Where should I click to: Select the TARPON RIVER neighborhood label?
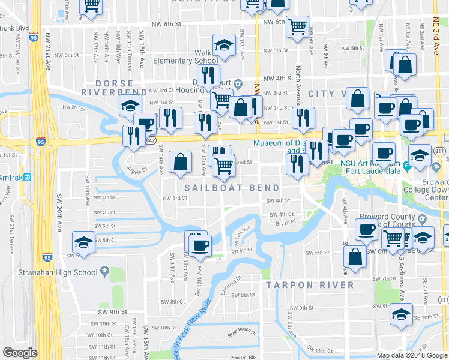pos(310,284)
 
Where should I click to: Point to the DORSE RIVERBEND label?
pos(114,86)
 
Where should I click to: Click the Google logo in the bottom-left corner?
pos(20,353)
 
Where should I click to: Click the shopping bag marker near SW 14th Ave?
pos(181,162)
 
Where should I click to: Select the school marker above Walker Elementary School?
pos(224,46)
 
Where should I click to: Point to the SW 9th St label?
pos(113,311)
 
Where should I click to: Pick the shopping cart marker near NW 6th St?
pos(297,27)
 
